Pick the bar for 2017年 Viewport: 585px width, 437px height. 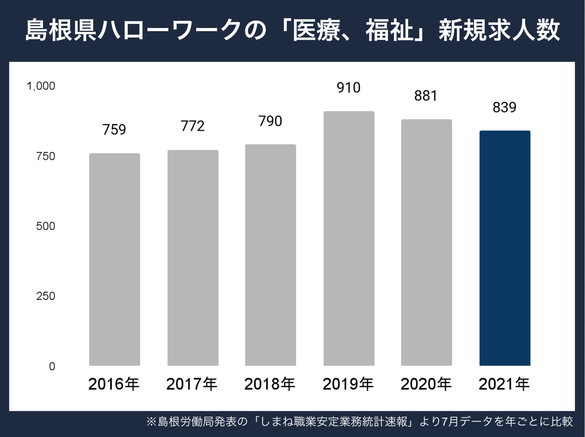tap(193, 258)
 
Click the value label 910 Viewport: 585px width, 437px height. tap(349, 87)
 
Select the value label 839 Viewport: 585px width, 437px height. tap(504, 107)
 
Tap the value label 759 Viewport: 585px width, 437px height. tap(114, 129)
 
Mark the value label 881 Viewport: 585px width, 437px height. tap(426, 95)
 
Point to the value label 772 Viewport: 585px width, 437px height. tap(192, 126)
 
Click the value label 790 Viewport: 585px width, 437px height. tap(270, 121)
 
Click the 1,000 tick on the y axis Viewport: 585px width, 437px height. tap(41, 86)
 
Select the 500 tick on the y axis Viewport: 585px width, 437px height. tap(45, 226)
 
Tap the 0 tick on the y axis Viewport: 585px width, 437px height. tap(52, 366)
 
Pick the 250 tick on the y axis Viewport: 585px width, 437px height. tap(45, 296)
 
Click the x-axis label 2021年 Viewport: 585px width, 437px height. tap(504, 384)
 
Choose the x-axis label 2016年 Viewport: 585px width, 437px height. tap(114, 384)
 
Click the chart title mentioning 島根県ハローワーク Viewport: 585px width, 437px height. tap(292, 31)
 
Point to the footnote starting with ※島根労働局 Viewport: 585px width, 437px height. tap(360, 422)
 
